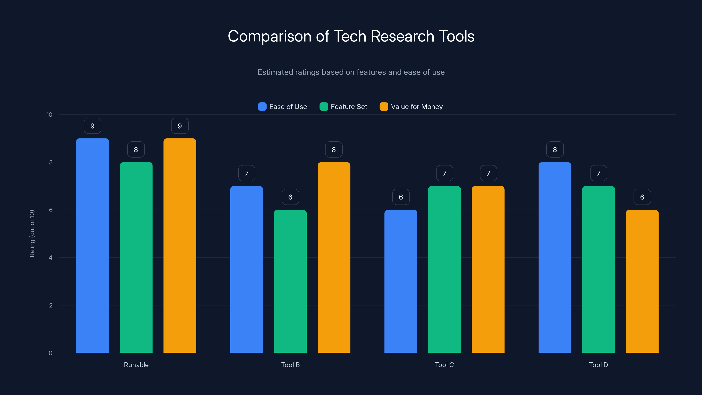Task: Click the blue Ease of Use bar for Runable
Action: pos(92,245)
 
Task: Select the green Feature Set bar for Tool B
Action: pos(290,281)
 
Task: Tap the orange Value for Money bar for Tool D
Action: pos(642,281)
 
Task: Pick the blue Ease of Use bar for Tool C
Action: pos(401,281)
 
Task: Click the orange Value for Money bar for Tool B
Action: pos(334,258)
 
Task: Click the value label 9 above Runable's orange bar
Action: pos(180,126)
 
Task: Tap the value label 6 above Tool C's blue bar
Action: pos(401,197)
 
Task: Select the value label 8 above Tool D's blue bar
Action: pos(555,150)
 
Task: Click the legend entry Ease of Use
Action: pos(288,107)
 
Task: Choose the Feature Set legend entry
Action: pos(349,107)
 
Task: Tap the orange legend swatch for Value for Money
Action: pos(384,107)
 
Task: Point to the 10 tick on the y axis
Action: pos(49,115)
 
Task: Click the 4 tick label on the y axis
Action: pos(50,258)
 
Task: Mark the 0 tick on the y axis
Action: pos(50,353)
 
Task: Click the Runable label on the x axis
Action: pos(136,365)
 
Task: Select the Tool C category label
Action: pos(444,365)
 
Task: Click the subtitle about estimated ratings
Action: pos(351,72)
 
